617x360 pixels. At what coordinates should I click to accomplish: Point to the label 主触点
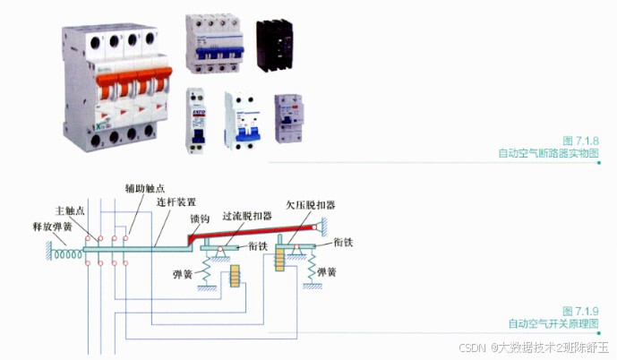point(71,211)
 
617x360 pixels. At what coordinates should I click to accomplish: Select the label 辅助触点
point(144,190)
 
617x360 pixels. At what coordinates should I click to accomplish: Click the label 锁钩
point(200,218)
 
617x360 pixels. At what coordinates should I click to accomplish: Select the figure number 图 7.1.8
point(580,141)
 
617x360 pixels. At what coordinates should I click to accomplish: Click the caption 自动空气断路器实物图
point(548,153)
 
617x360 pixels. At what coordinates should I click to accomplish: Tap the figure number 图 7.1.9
point(580,310)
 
